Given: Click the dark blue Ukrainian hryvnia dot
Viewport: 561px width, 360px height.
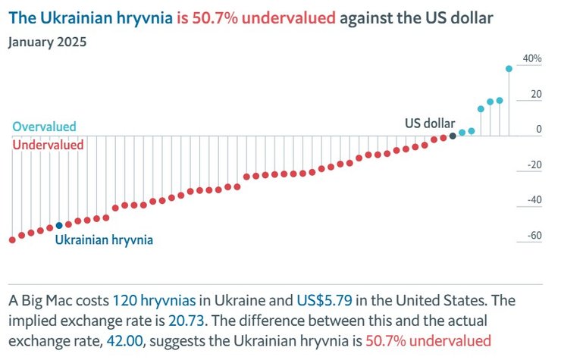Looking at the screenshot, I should click(x=59, y=225).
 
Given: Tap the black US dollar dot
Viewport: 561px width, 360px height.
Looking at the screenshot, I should click(x=453, y=136).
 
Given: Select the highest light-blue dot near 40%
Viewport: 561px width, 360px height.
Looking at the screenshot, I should click(x=509, y=68).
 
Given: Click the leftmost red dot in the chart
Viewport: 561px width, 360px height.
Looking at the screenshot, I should click(x=12, y=239).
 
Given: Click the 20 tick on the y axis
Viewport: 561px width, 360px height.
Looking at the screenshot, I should click(x=536, y=95).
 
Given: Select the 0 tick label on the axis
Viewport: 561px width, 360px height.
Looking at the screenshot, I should click(x=539, y=130).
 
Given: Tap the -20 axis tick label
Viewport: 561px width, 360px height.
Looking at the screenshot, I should click(x=533, y=165).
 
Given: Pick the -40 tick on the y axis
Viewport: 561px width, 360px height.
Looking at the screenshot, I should click(x=533, y=201).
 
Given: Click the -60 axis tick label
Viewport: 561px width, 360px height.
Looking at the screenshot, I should click(x=533, y=236).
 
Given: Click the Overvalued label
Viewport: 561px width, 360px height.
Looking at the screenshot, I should click(x=44, y=127).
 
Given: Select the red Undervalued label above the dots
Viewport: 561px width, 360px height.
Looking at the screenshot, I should click(x=48, y=144).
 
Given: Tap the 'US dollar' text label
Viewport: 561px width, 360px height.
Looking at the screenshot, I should click(x=429, y=123).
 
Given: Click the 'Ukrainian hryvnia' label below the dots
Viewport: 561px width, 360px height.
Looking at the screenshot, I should click(x=105, y=239).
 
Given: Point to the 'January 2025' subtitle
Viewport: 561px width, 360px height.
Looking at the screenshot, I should click(x=47, y=42).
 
